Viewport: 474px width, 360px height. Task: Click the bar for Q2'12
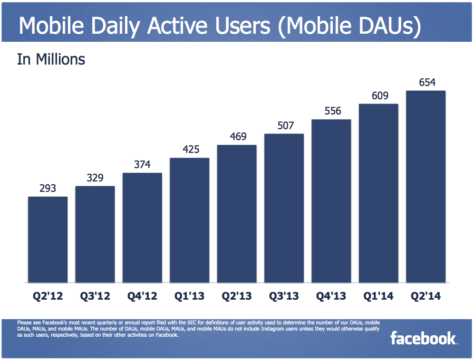coord(48,239)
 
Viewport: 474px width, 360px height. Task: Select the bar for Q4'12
coord(142,227)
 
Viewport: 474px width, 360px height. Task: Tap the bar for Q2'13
coord(237,214)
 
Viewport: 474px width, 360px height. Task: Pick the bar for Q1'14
coord(378,193)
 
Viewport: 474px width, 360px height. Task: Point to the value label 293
coord(48,189)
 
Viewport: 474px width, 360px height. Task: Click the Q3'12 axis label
coord(95,297)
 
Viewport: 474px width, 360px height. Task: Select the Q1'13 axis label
coord(189,297)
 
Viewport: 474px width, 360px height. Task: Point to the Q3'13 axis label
coord(284,297)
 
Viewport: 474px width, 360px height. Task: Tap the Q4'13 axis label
coord(331,297)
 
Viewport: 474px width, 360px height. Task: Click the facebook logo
coord(423,339)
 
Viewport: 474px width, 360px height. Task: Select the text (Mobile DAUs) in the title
coord(350,27)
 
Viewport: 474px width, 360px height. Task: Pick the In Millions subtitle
coord(51,60)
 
